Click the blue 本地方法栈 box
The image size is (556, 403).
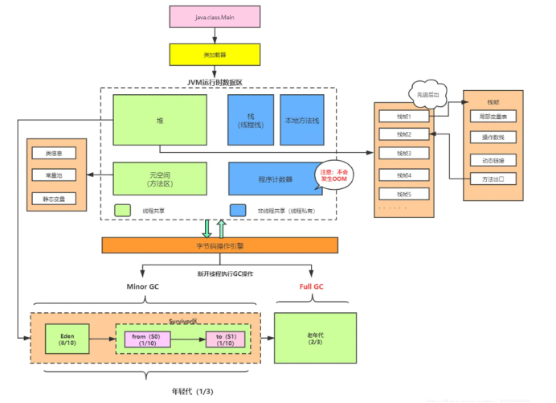click(x=302, y=120)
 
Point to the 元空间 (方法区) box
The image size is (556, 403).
click(x=160, y=179)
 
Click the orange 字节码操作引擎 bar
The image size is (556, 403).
click(x=219, y=245)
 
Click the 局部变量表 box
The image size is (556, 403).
click(x=492, y=117)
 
